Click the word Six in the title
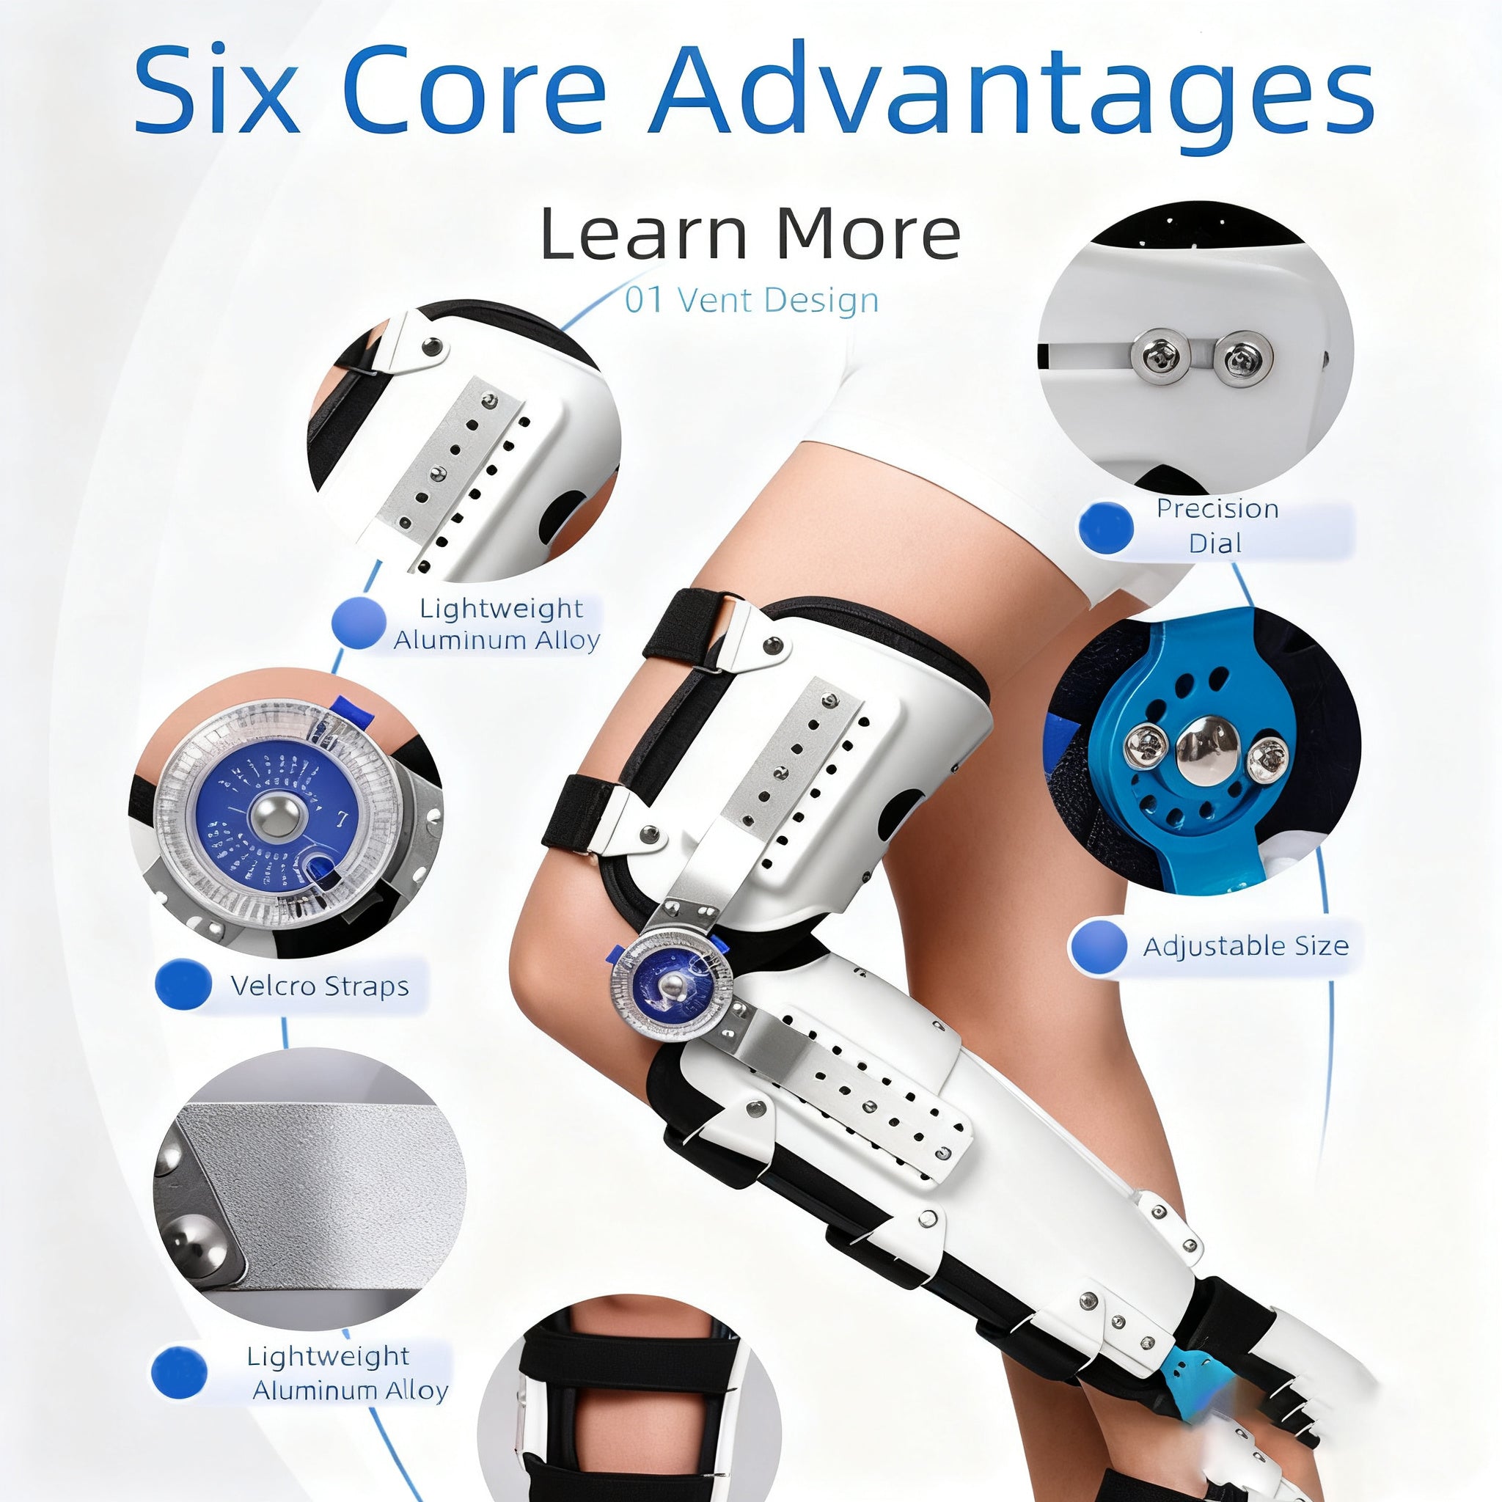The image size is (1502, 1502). (216, 92)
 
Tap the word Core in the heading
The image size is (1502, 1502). (474, 92)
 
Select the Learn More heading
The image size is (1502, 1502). (750, 233)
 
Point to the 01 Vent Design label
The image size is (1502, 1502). (752, 300)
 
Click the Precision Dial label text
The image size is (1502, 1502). (1217, 526)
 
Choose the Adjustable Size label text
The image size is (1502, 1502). (1245, 946)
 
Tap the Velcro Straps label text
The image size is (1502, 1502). (320, 986)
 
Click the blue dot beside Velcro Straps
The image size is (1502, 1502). (183, 984)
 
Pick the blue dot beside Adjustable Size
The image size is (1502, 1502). (1098, 946)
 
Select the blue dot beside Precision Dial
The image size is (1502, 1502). (1107, 527)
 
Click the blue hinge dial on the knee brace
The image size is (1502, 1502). (671, 986)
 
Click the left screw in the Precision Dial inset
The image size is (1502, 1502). (1160, 356)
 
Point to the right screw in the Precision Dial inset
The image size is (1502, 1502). (1242, 358)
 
